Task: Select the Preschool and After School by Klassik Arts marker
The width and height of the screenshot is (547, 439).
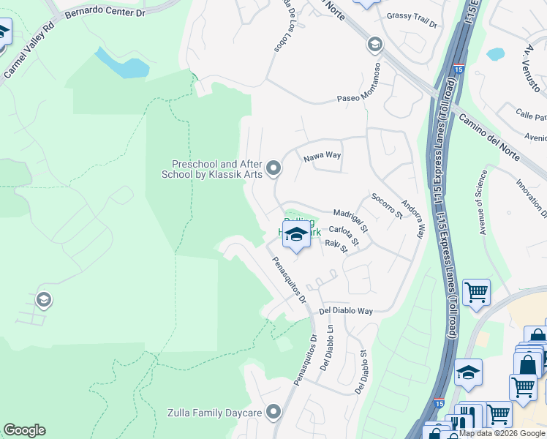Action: pyautogui.click(x=274, y=169)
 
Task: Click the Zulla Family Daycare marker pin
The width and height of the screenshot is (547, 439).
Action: pyautogui.click(x=274, y=413)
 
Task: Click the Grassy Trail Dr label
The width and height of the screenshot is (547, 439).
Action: pyautogui.click(x=411, y=20)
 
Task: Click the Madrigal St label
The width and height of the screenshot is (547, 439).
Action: pyautogui.click(x=351, y=219)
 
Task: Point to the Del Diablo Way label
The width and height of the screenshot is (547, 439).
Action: pyautogui.click(x=346, y=311)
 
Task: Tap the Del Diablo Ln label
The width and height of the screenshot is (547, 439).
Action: pyautogui.click(x=327, y=347)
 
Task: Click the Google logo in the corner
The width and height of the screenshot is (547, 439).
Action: pyautogui.click(x=24, y=430)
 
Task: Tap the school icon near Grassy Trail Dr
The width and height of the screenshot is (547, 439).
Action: pyautogui.click(x=375, y=45)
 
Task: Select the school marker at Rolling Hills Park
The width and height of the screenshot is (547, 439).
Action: pyautogui.click(x=296, y=235)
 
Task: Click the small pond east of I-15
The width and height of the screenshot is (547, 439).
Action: pyautogui.click(x=496, y=53)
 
